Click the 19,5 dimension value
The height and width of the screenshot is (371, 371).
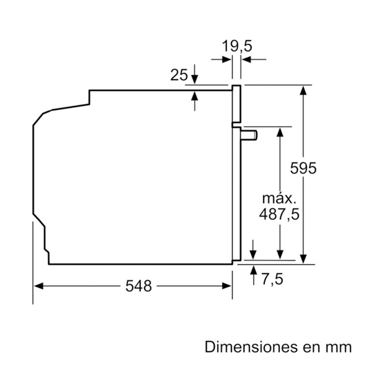[237, 46]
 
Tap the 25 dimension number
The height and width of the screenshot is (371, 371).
[179, 75]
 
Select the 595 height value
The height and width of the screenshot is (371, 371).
[303, 168]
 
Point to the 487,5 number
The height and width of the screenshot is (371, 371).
[279, 214]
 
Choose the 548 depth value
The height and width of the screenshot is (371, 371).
[138, 286]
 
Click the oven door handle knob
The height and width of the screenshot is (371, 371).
[249, 135]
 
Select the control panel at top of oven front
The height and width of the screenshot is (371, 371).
[236, 104]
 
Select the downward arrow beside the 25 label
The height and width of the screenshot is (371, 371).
[194, 74]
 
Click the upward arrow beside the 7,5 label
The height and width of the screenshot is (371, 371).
[254, 275]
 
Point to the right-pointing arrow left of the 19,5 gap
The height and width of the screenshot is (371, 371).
[221, 59]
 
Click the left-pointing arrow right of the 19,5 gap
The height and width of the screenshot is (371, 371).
[254, 59]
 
